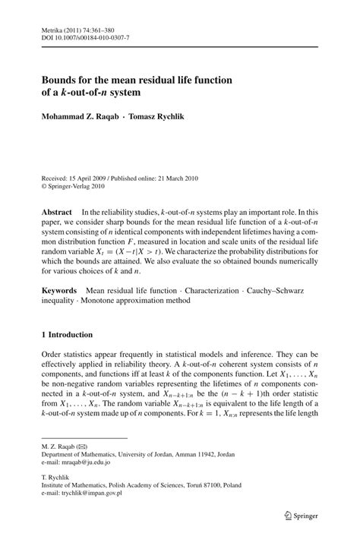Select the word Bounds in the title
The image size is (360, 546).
coord(59,80)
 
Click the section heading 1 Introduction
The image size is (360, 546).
coord(67,335)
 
